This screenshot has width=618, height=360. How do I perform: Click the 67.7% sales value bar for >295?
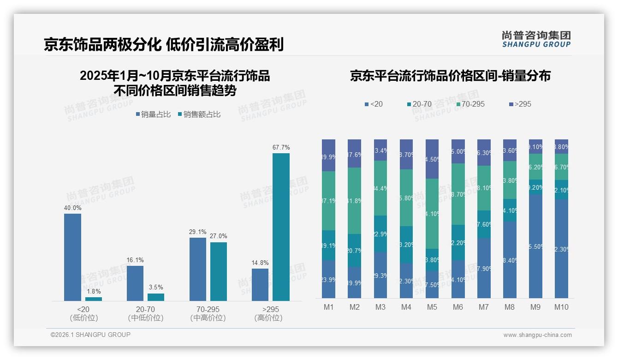tap(281, 227)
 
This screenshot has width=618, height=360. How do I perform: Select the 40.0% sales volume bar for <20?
tap(72, 257)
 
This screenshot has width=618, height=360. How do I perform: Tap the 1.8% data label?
tap(94, 292)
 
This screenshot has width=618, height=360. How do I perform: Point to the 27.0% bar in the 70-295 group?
tap(219, 271)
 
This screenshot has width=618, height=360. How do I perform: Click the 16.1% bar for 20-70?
tap(135, 283)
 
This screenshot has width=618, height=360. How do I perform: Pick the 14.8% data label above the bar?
tap(260, 263)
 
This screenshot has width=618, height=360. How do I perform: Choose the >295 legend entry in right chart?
tap(520, 104)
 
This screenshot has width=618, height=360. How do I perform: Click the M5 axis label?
tap(432, 307)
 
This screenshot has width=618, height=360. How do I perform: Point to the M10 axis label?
tap(561, 307)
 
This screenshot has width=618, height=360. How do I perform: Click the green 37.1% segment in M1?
tap(329, 201)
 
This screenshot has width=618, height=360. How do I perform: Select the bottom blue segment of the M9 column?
tap(535, 246)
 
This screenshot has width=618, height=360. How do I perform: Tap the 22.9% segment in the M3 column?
tap(380, 234)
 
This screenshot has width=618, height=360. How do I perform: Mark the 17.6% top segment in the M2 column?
tap(355, 153)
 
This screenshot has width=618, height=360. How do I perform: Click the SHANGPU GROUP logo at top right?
tap(536, 39)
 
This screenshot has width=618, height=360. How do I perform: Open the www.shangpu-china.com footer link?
tap(537, 335)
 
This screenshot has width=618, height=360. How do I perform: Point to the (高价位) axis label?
tap(268, 318)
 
